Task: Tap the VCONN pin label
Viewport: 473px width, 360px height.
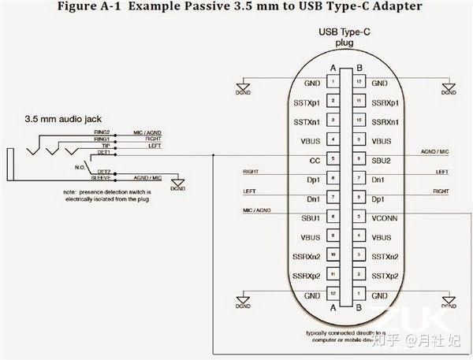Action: (384, 217)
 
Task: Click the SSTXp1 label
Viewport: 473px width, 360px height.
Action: (306, 102)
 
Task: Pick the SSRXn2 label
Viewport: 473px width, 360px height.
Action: (306, 255)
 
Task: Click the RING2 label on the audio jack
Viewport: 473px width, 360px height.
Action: (101, 132)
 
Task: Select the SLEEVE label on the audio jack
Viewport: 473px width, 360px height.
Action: (100, 178)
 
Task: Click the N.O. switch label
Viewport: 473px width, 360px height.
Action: (80, 166)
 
